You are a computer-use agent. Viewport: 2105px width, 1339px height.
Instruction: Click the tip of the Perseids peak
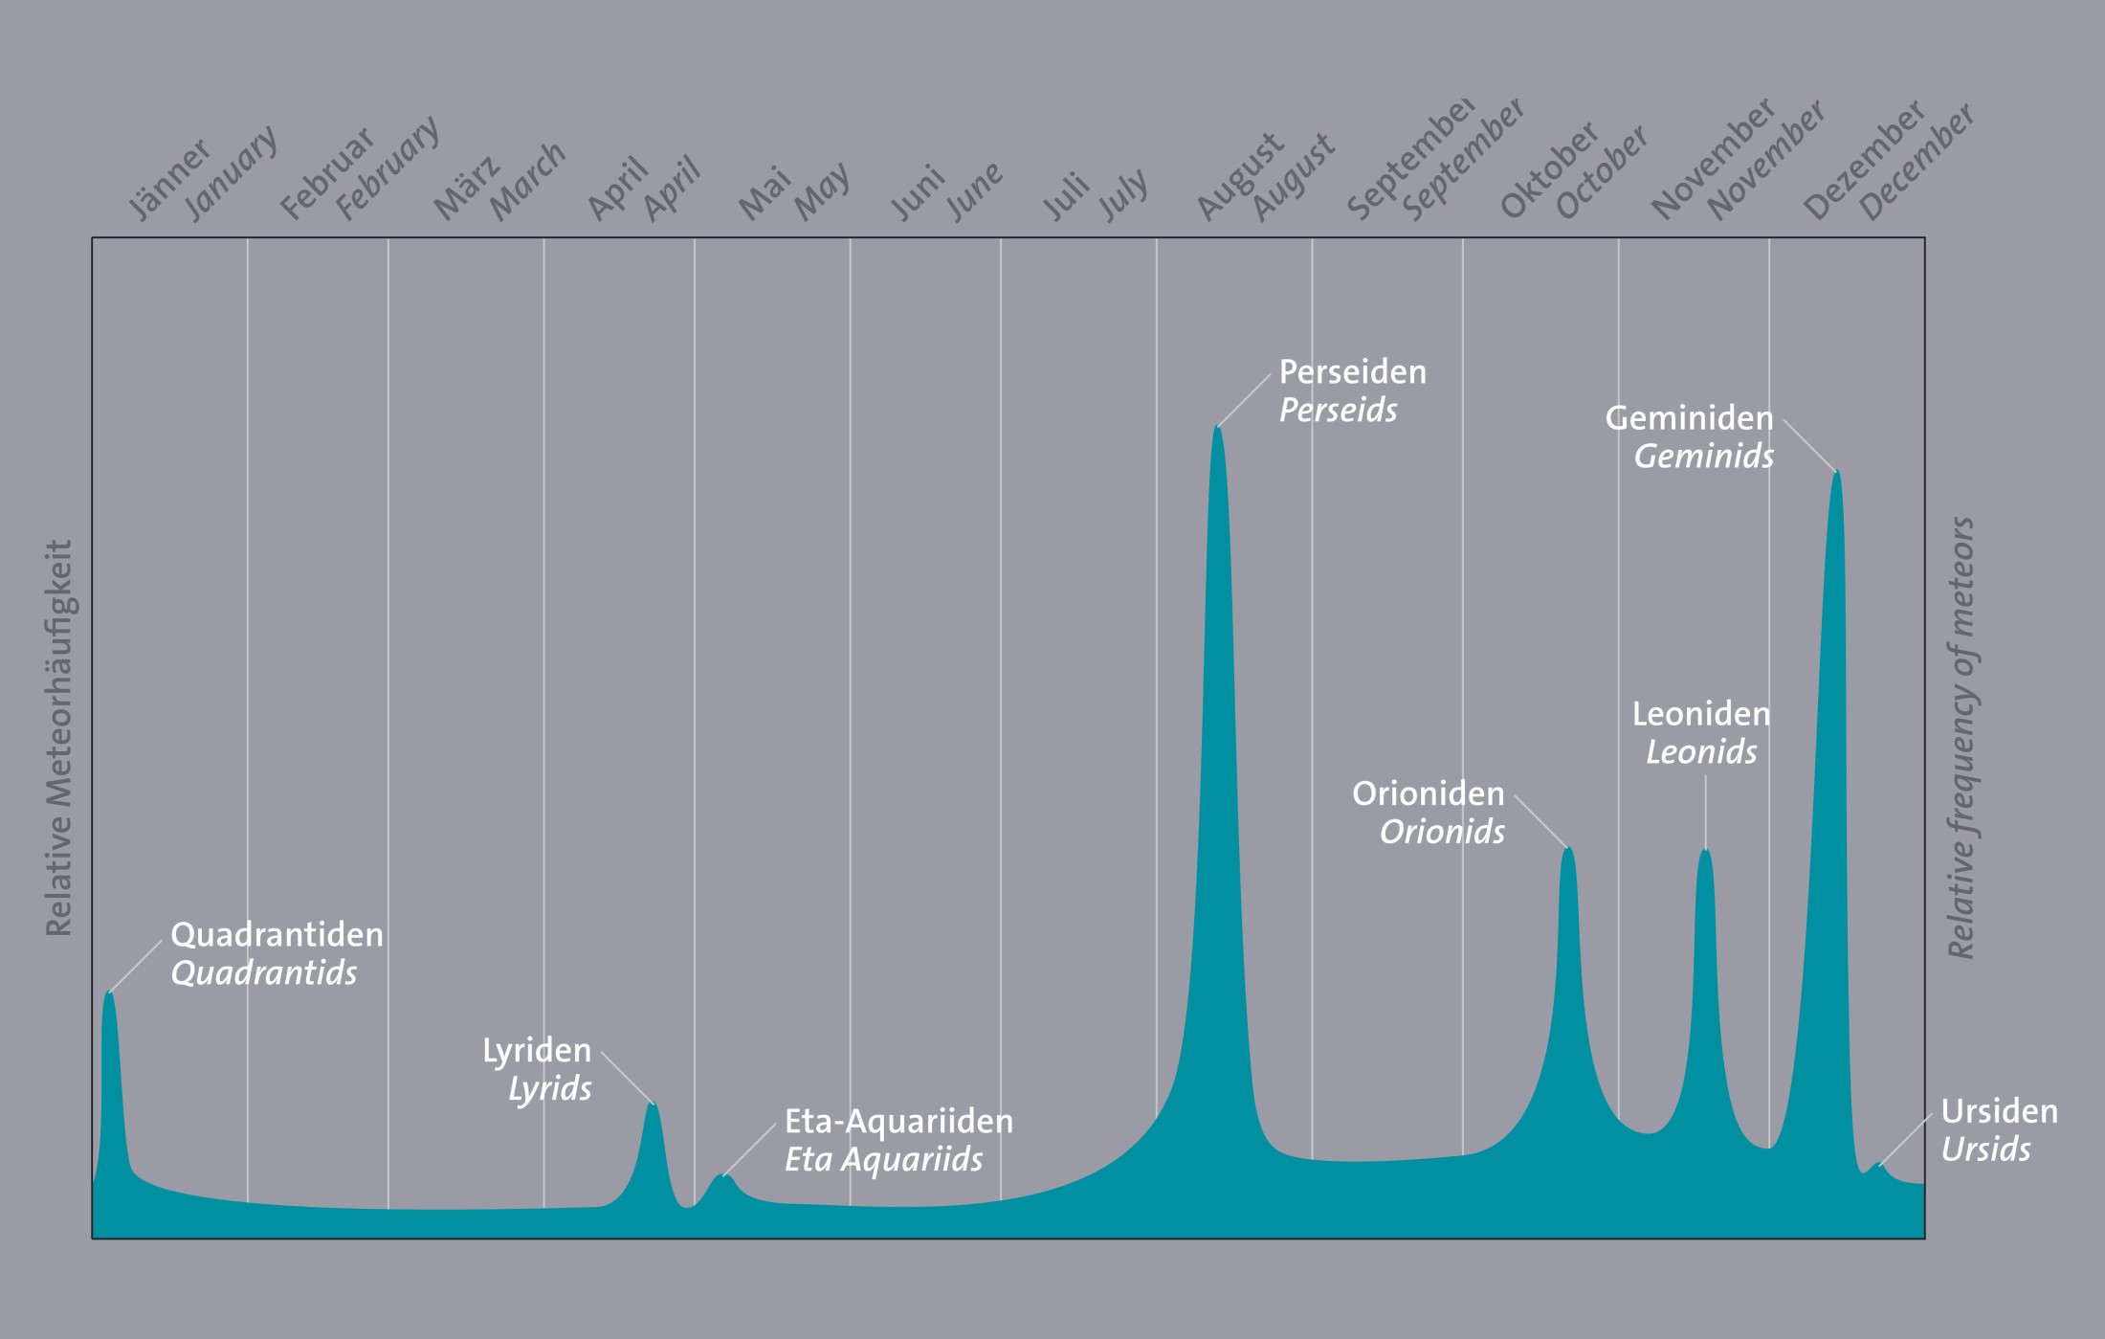tap(1217, 427)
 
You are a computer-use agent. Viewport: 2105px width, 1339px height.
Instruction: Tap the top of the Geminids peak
tap(1836, 473)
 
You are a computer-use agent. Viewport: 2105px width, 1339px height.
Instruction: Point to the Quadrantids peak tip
tap(110, 993)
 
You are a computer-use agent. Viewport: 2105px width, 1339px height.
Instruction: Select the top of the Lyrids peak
tap(653, 1105)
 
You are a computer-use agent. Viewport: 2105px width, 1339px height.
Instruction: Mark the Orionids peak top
tap(1568, 849)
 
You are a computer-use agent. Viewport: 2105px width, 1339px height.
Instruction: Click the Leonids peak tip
tap(1705, 851)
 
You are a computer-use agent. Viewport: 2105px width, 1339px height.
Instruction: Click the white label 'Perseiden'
tap(1352, 371)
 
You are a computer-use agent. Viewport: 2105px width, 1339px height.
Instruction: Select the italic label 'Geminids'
tap(1703, 457)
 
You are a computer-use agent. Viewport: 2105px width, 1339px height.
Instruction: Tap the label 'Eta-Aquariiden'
tap(898, 1121)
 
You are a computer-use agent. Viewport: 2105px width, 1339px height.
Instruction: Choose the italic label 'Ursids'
tap(1985, 1149)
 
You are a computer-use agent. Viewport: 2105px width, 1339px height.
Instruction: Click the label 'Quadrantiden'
tap(277, 934)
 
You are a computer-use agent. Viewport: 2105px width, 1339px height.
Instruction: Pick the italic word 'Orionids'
tap(1442, 832)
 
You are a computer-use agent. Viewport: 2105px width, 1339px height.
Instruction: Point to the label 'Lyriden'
tap(537, 1050)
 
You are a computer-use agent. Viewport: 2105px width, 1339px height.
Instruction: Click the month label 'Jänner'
tap(169, 179)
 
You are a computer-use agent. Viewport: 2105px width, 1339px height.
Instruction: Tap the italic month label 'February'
tap(388, 168)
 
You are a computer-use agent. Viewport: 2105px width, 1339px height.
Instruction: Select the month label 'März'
tap(466, 188)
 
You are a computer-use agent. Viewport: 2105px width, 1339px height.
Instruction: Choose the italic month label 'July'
tap(1123, 194)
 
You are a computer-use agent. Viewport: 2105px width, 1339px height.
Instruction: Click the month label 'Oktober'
tap(1549, 169)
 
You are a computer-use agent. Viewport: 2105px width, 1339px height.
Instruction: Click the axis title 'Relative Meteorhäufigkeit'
tap(59, 738)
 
